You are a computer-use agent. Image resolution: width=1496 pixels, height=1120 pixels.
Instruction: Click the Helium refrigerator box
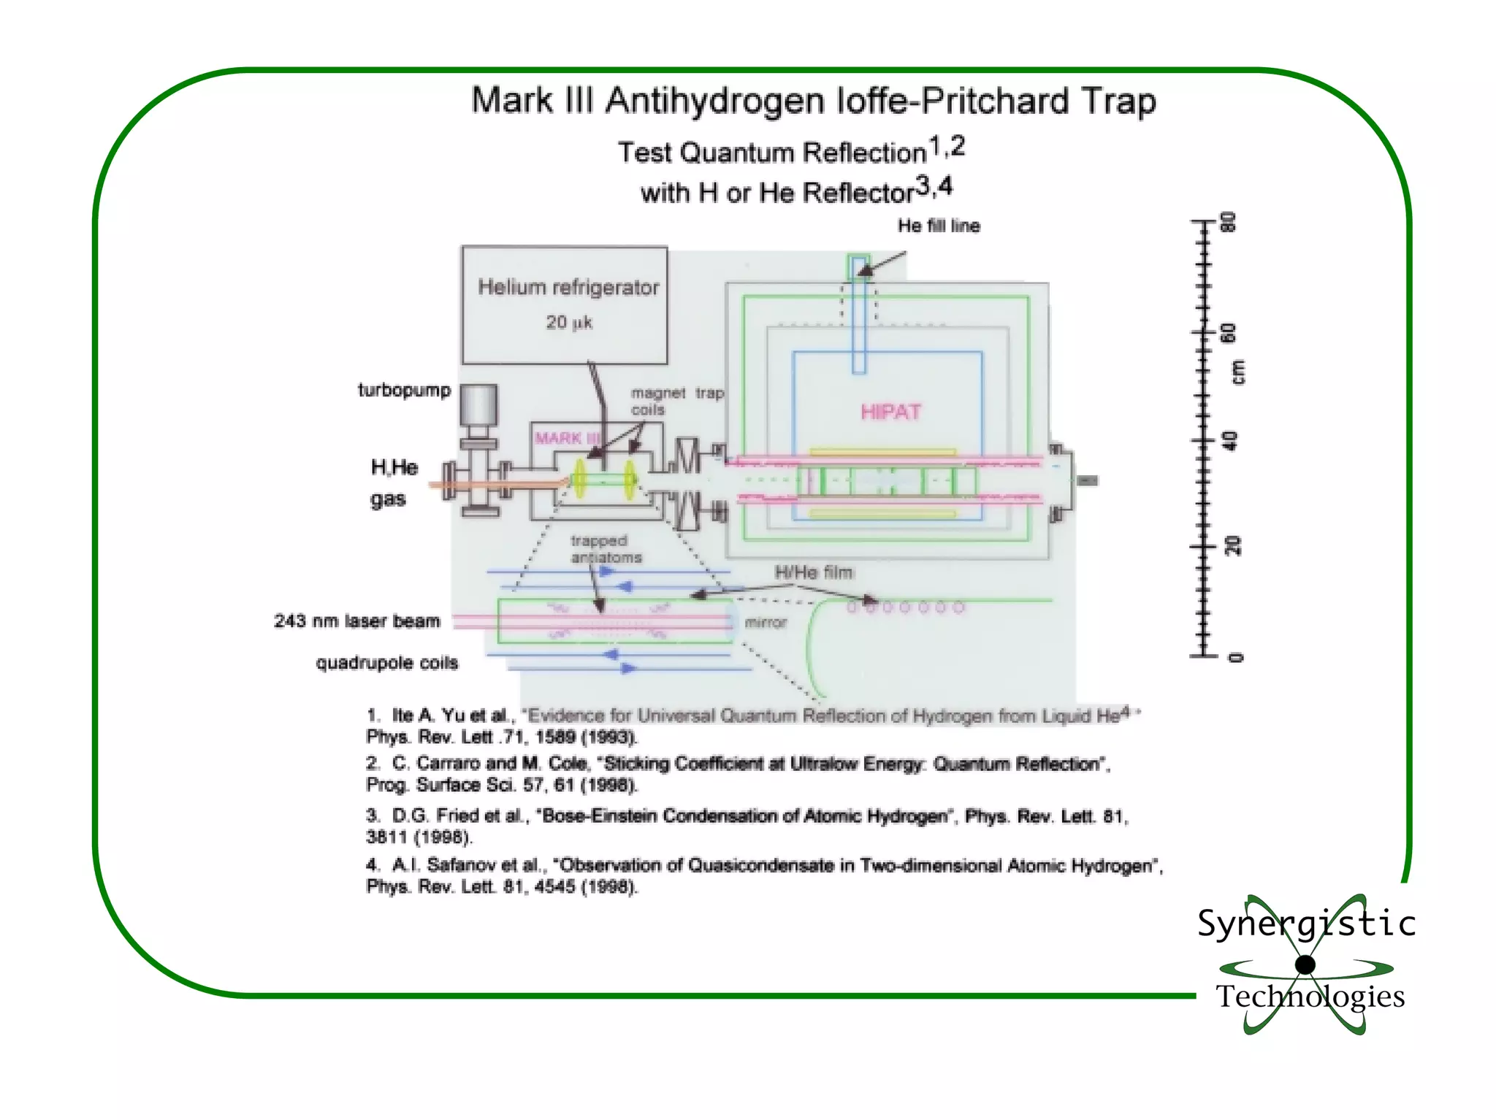coord(564,305)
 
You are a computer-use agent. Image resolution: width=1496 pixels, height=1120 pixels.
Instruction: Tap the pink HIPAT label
coord(890,412)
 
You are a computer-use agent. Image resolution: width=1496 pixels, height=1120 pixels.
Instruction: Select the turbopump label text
coord(404,390)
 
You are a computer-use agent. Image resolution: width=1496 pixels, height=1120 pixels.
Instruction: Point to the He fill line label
coord(939,226)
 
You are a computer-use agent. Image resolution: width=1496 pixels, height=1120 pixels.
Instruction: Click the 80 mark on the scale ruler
coord(1230,221)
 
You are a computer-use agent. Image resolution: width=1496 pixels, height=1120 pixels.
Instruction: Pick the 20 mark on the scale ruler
coord(1232,546)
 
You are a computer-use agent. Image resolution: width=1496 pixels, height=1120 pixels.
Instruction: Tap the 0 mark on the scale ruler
coord(1234,657)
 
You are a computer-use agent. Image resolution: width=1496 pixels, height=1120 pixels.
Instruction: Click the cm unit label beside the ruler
coord(1237,372)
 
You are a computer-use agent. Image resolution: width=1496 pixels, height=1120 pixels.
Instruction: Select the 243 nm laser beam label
coord(357,621)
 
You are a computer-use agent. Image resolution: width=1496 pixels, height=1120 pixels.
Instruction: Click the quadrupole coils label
coord(386,663)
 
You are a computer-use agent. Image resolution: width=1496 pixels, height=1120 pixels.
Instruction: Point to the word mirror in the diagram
coord(766,623)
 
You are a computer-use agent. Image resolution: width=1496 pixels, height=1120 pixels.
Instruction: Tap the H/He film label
coord(813,572)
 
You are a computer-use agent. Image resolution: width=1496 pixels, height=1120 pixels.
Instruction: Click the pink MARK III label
coord(567,438)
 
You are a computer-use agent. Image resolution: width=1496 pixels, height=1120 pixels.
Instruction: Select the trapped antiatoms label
coord(606,549)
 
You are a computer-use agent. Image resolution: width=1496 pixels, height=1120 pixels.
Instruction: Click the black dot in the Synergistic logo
coord(1305,964)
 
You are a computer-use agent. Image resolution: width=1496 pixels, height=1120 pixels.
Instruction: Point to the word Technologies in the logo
coord(1310,997)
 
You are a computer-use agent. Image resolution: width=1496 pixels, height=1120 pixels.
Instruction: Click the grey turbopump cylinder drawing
coord(478,404)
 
